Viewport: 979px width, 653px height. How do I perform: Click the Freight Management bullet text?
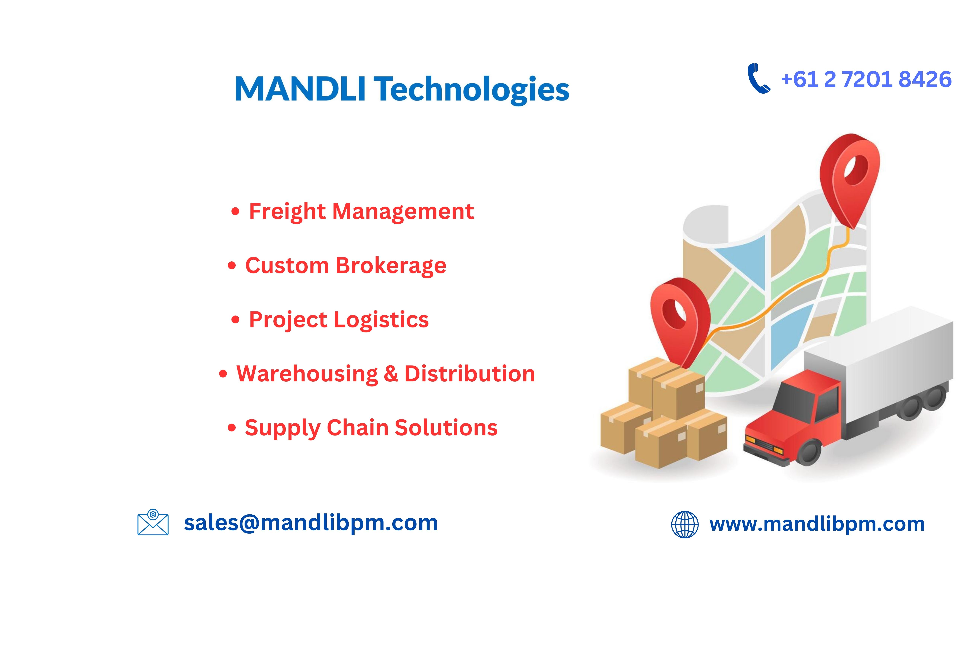361,212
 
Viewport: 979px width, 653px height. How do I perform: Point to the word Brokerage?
391,266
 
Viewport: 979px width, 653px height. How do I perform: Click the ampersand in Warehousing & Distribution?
391,374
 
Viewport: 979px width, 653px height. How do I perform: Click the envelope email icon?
153,522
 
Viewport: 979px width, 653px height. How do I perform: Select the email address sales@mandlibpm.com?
311,523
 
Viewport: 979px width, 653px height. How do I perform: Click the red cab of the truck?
792,417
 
